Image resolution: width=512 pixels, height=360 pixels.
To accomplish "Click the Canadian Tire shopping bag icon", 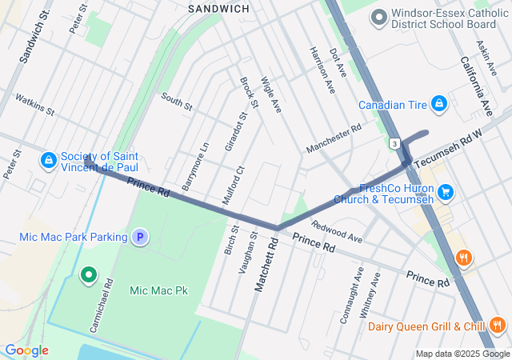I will click(x=438, y=104).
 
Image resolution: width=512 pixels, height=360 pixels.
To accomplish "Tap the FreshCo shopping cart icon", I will click(x=446, y=192).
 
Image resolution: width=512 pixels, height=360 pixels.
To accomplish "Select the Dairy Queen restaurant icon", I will click(x=498, y=325).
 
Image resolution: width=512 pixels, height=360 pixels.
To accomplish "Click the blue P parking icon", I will click(x=140, y=237).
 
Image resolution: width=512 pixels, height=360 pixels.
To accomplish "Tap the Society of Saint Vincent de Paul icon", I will click(x=50, y=161).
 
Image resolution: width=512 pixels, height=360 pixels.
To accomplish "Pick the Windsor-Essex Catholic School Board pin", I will click(x=379, y=15).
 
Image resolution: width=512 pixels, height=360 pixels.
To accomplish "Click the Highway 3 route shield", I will click(x=394, y=143).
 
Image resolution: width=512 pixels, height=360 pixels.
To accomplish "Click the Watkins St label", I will click(x=34, y=104).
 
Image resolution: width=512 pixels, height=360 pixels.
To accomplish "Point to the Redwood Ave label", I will click(x=337, y=233).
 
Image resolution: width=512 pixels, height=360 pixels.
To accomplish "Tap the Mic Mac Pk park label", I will click(x=158, y=290).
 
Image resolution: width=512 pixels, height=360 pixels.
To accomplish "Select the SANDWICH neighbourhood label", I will click(x=218, y=8).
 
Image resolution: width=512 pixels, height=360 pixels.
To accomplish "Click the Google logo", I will click(x=26, y=350).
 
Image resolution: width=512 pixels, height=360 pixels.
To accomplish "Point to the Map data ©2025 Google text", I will click(x=462, y=354).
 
